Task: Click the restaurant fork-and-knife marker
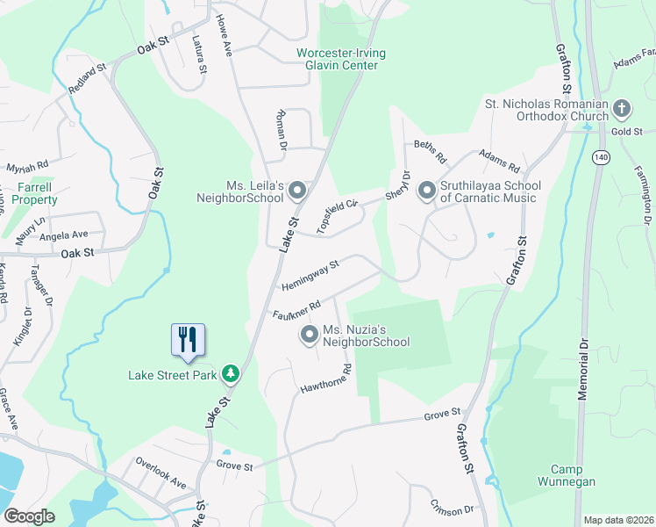188,339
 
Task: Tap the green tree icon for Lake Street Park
231,375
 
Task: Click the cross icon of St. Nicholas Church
622,109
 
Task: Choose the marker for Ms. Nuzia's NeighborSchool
309,334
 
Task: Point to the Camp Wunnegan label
573,475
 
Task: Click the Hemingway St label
310,274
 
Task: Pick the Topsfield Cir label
339,216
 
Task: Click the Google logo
29,516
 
